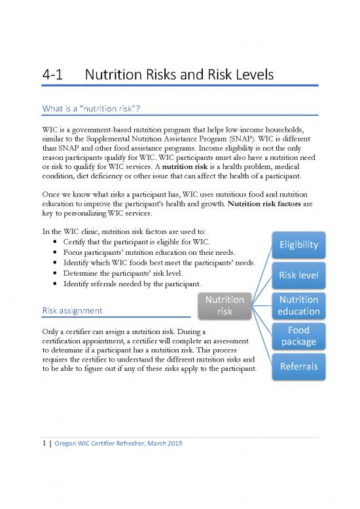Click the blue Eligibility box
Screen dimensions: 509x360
298,244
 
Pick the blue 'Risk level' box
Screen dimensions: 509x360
298,274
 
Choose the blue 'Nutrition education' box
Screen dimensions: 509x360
298,305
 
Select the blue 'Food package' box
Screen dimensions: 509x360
298,335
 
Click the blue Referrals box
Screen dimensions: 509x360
298,366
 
